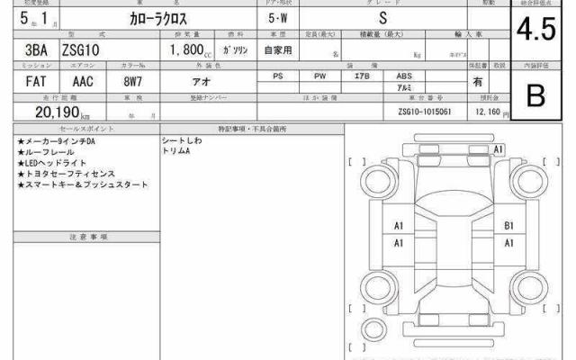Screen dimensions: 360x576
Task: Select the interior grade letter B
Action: coord(533,96)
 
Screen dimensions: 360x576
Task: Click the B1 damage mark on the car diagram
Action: coord(509,226)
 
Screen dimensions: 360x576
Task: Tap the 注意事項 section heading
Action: coord(88,236)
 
